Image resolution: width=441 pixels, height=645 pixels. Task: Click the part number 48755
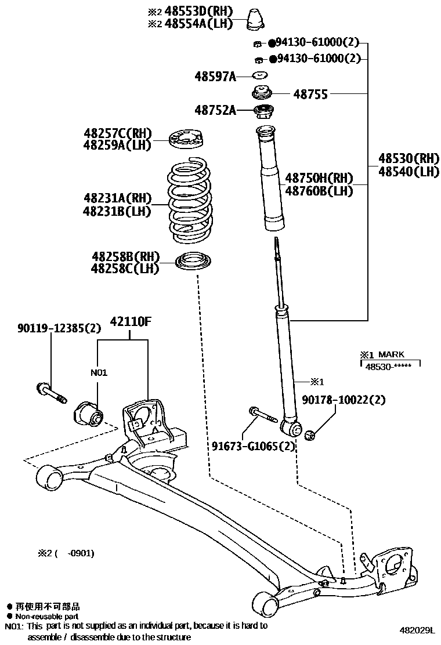pyautogui.click(x=310, y=94)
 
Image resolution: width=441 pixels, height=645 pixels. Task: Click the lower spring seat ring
pyautogui.click(x=193, y=262)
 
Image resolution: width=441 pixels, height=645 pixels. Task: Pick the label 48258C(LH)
pyautogui.click(x=124, y=269)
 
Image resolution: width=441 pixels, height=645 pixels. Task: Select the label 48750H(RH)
pyautogui.click(x=319, y=177)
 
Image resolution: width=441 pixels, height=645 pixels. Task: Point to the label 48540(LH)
pyautogui.click(x=409, y=171)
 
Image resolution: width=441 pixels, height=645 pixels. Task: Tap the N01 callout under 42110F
pyautogui.click(x=99, y=372)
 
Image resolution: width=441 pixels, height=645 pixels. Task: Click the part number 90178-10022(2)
pyautogui.click(x=343, y=400)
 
